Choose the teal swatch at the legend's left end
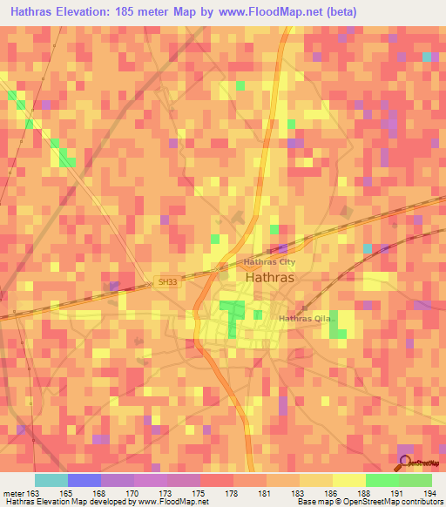[51, 480]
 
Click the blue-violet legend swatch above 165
[84, 480]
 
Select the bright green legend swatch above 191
[382, 480]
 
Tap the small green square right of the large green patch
[258, 314]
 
